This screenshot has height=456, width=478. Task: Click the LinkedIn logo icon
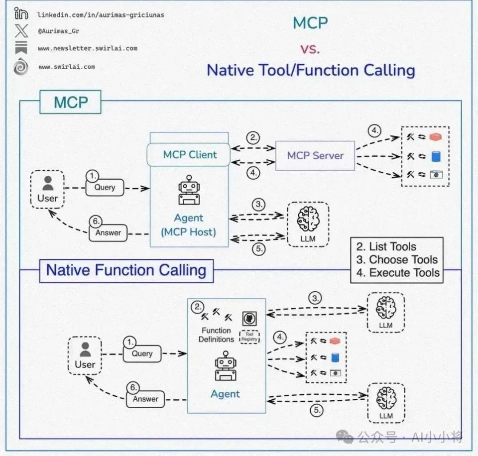(21, 14)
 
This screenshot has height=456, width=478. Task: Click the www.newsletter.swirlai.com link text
(87, 49)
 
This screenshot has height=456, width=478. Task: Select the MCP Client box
(190, 155)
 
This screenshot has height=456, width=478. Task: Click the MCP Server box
(315, 156)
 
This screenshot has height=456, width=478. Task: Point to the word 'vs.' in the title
(310, 48)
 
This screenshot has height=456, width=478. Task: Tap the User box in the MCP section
(48, 188)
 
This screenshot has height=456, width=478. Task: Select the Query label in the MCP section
(104, 187)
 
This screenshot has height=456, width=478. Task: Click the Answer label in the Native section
(145, 399)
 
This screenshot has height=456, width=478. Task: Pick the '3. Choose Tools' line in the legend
(396, 259)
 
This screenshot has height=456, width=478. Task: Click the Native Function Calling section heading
(126, 270)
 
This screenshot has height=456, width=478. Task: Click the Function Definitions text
(216, 335)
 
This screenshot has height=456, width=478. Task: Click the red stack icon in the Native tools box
(334, 341)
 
